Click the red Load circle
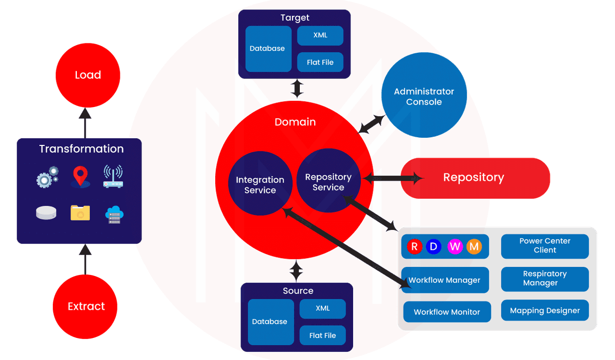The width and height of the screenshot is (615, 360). [x=88, y=75]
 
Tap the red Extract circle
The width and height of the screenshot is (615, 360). [x=86, y=306]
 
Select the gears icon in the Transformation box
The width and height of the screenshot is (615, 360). [x=47, y=177]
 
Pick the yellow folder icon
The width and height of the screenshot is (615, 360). [x=80, y=213]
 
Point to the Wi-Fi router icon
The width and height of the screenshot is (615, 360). [x=114, y=176]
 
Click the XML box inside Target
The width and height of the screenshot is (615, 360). [x=320, y=36]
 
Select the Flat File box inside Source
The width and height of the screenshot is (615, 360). [x=322, y=335]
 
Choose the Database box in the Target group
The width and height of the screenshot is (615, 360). [x=267, y=49]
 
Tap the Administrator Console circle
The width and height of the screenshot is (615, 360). [x=424, y=96]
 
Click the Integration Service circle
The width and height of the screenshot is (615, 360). [x=260, y=185]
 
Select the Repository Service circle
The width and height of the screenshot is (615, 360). [x=329, y=182]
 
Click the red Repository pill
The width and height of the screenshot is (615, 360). [x=474, y=178]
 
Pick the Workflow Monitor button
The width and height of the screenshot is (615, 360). [x=447, y=312]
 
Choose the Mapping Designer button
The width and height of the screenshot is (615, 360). [x=545, y=310]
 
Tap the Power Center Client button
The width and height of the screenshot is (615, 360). [x=545, y=246]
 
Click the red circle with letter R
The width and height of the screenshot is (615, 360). [x=415, y=247]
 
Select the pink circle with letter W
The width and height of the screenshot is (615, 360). [x=455, y=247]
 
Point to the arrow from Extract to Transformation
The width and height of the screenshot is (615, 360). [x=85, y=259]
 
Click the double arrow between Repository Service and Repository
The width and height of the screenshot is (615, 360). [x=393, y=178]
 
